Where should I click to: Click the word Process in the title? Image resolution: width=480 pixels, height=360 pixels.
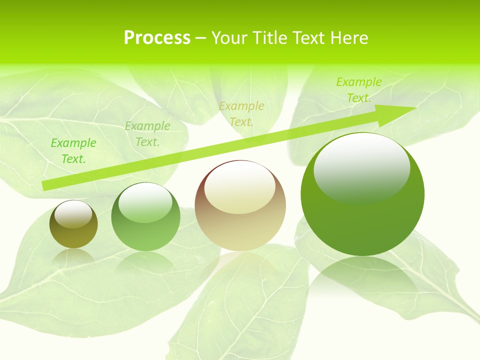157,38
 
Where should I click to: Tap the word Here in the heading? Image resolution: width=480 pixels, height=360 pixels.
348,38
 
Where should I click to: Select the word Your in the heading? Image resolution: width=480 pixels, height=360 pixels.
230,38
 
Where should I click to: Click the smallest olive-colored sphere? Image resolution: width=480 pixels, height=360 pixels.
73,224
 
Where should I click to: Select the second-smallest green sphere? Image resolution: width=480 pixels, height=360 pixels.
145,216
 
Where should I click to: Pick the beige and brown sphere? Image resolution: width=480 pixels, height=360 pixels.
240,205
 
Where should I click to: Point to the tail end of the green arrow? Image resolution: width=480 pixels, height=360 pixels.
45,186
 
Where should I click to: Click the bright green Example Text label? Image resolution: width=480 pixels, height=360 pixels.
73,151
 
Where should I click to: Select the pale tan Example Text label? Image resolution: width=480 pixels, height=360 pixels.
241,114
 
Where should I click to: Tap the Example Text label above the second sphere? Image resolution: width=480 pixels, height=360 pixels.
147,134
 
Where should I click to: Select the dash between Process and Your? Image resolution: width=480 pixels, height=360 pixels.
200,38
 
